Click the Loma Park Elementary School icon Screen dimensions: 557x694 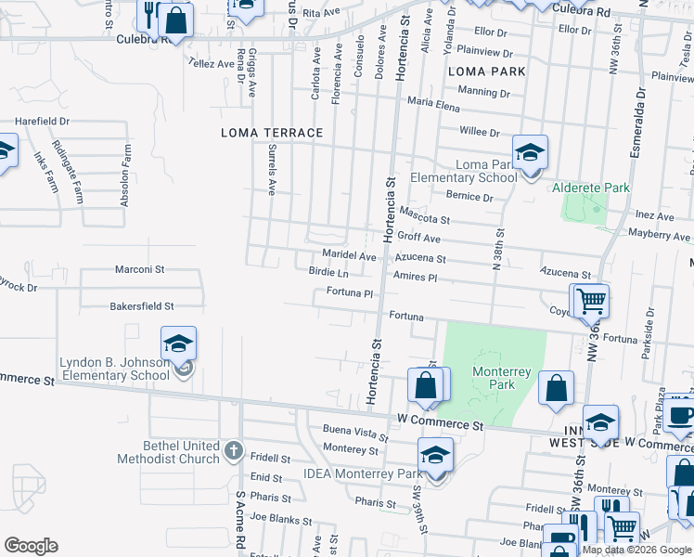pyautogui.click(x=531, y=151)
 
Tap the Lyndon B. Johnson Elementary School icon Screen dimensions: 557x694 pyautogui.click(x=179, y=343)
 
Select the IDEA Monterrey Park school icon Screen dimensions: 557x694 pyautogui.click(x=434, y=455)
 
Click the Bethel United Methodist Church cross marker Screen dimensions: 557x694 pyautogui.click(x=234, y=452)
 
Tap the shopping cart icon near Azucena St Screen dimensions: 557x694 pyautogui.click(x=591, y=301)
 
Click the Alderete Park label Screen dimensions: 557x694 pyautogui.click(x=591, y=188)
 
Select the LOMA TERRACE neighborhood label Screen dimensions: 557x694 pyautogui.click(x=272, y=133)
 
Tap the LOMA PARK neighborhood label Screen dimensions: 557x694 pyautogui.click(x=486, y=71)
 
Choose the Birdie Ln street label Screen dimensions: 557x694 pyautogui.click(x=328, y=273)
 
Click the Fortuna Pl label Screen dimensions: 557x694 pyautogui.click(x=349, y=293)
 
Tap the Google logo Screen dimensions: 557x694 pyautogui.click(x=31, y=546)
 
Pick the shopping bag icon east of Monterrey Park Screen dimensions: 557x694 pyautogui.click(x=556, y=389)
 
